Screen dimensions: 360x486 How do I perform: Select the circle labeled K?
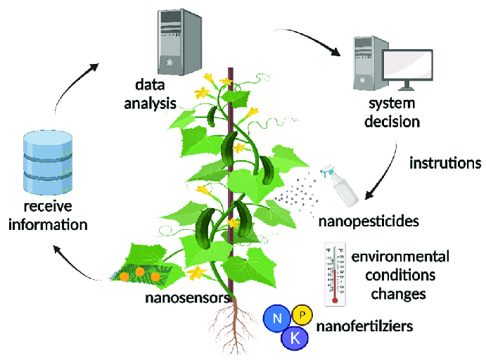(295, 339)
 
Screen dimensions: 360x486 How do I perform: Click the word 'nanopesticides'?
(369, 221)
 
